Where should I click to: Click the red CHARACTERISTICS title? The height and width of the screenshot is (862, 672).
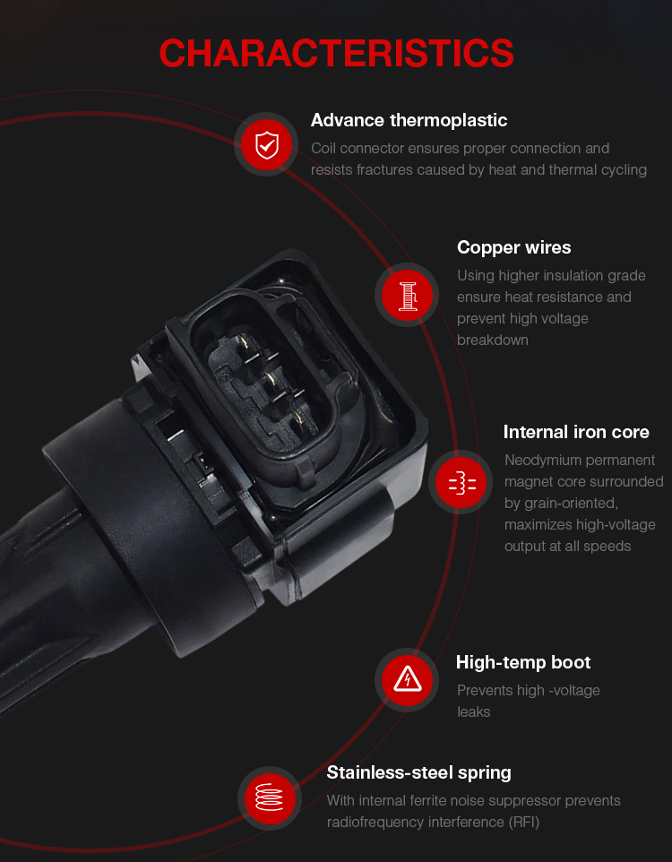coord(336,54)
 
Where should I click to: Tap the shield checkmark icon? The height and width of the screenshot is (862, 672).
coord(267,145)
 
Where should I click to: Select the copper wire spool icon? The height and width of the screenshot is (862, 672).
coord(407,295)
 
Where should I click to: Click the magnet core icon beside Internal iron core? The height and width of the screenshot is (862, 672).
coord(461,483)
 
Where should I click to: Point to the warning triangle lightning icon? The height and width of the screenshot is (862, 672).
coord(408,680)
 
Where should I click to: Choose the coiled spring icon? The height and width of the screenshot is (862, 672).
coord(270,798)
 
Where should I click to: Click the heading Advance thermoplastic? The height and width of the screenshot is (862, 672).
coord(409,120)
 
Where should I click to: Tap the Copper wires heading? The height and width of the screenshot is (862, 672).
coord(514,248)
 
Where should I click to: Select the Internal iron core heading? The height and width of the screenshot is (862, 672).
coord(576,432)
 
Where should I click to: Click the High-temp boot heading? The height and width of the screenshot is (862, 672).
coord(523,662)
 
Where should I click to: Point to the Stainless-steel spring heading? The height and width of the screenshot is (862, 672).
coord(419,773)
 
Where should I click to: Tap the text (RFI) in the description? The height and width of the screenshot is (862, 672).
coord(524,823)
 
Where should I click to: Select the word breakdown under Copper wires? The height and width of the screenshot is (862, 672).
coord(493,340)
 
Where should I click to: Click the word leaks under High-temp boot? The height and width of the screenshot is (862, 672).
coord(473,712)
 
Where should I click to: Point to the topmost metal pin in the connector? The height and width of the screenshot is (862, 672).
coord(246,345)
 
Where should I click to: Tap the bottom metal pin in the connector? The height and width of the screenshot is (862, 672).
coord(298,419)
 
